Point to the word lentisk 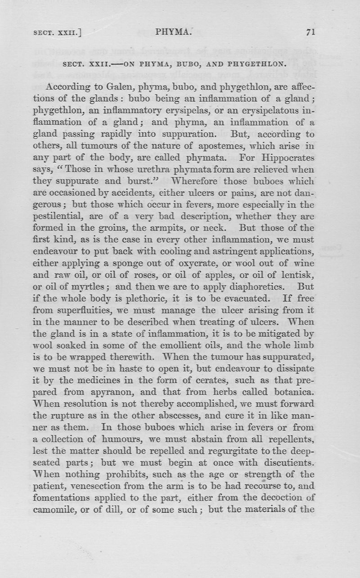click(297, 274)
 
